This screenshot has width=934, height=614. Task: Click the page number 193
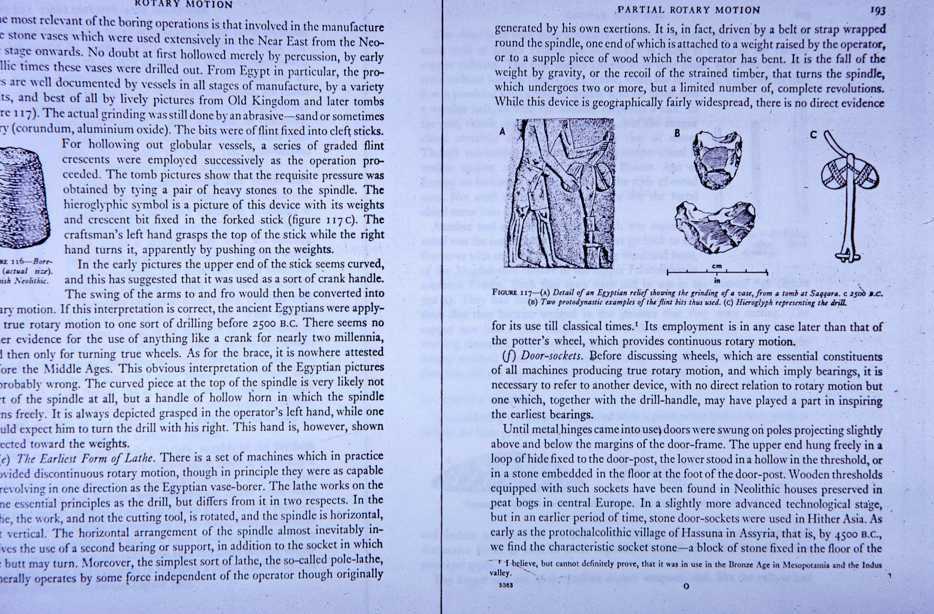point(878,11)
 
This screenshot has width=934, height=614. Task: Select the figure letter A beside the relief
point(502,132)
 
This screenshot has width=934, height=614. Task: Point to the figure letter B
point(677,133)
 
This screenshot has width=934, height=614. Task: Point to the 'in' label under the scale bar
point(717,280)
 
